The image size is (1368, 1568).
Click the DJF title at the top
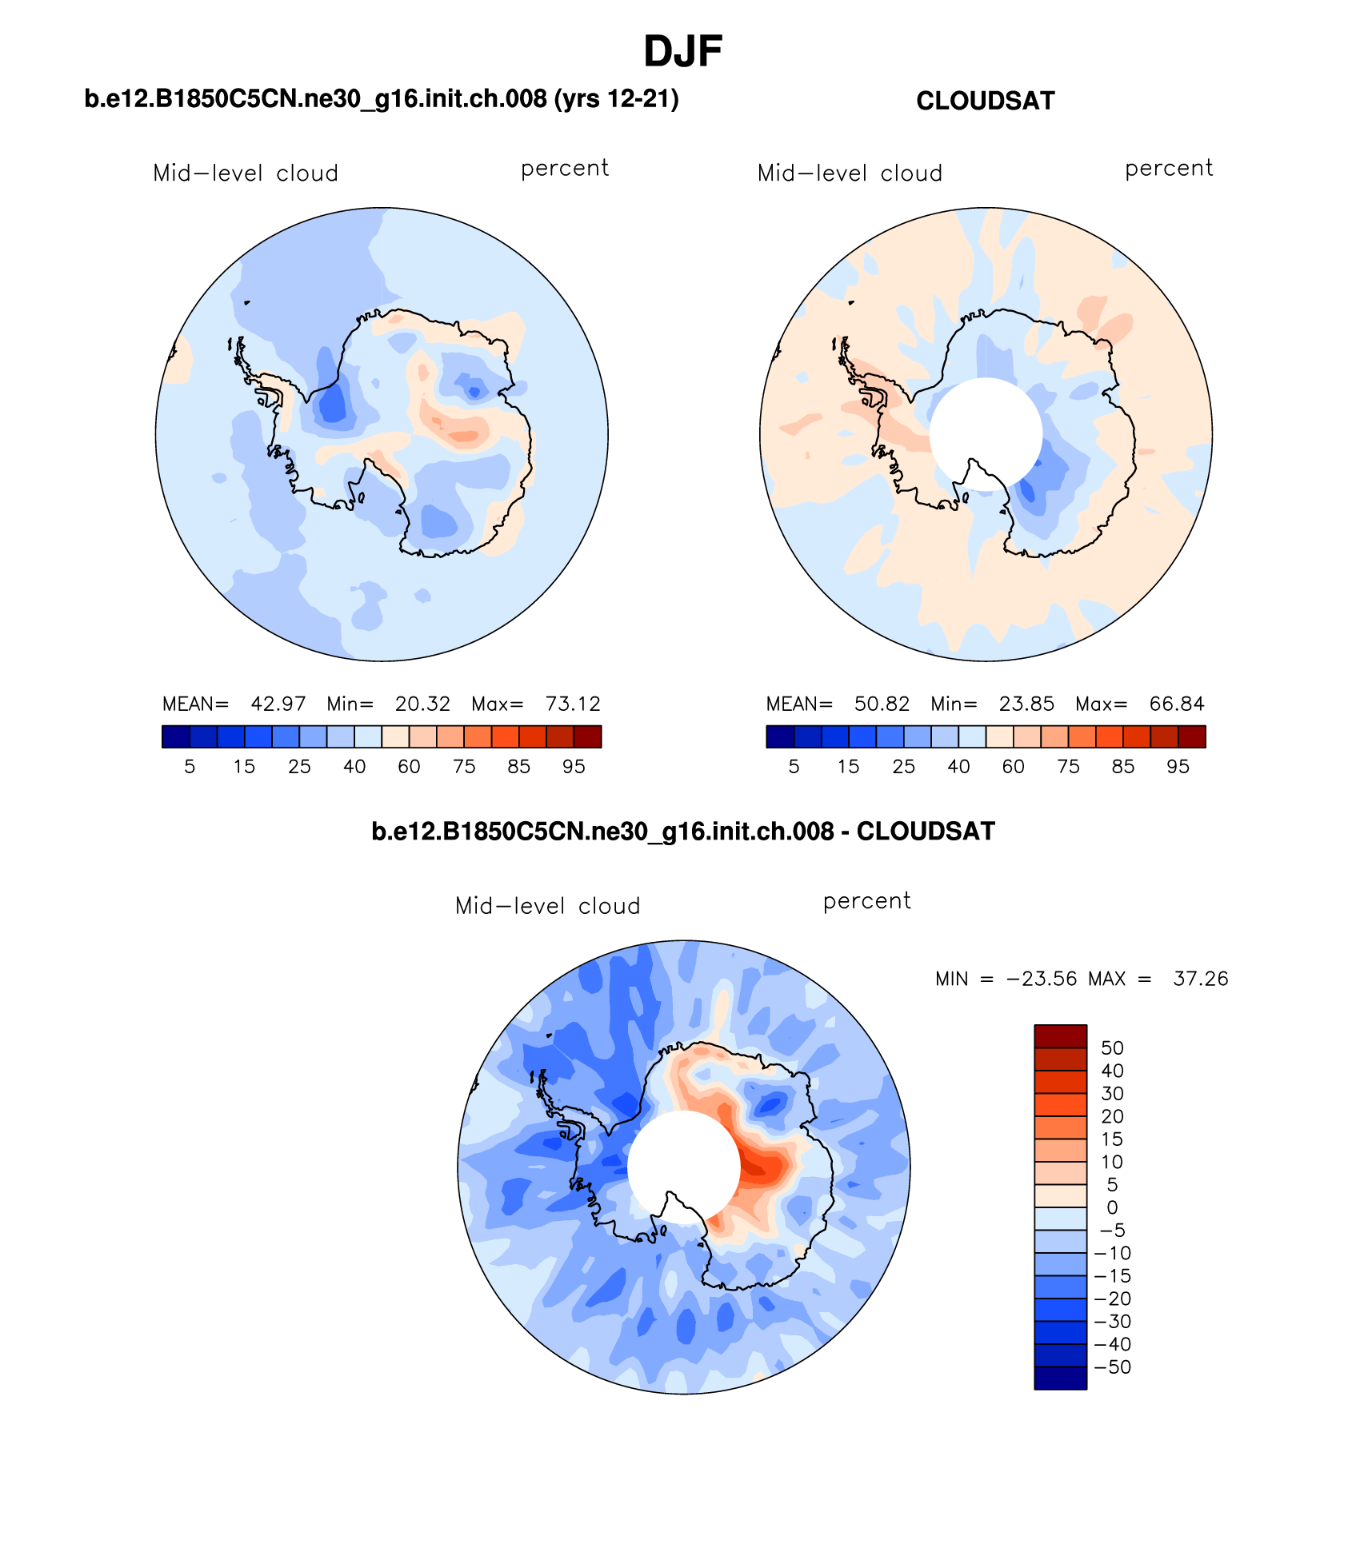click(x=683, y=52)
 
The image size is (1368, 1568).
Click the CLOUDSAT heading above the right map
click(x=985, y=101)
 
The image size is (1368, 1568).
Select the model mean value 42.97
click(x=278, y=704)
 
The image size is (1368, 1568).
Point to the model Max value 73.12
click(x=573, y=704)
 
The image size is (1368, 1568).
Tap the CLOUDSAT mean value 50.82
click(x=882, y=704)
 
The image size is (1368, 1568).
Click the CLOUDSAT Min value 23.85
click(x=1026, y=704)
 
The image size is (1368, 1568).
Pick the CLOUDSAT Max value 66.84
click(x=1177, y=704)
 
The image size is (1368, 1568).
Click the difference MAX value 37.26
click(x=1200, y=979)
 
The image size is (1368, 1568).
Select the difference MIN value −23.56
click(x=1042, y=979)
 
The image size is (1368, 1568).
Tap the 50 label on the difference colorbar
click(x=1112, y=1048)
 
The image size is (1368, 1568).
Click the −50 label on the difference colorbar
click(x=1112, y=1367)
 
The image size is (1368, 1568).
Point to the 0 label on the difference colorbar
click(x=1112, y=1207)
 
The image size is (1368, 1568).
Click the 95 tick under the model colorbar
click(x=574, y=767)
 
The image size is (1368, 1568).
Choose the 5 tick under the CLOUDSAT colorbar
click(x=794, y=767)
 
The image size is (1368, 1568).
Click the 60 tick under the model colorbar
click(x=409, y=767)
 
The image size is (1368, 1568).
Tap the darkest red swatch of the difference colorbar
click(x=1060, y=1036)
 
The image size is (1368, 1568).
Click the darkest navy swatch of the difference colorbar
click(x=1060, y=1378)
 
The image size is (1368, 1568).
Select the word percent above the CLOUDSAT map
click(x=1169, y=169)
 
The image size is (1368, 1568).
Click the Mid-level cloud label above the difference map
click(x=547, y=906)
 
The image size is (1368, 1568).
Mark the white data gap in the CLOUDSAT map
click(x=986, y=432)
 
